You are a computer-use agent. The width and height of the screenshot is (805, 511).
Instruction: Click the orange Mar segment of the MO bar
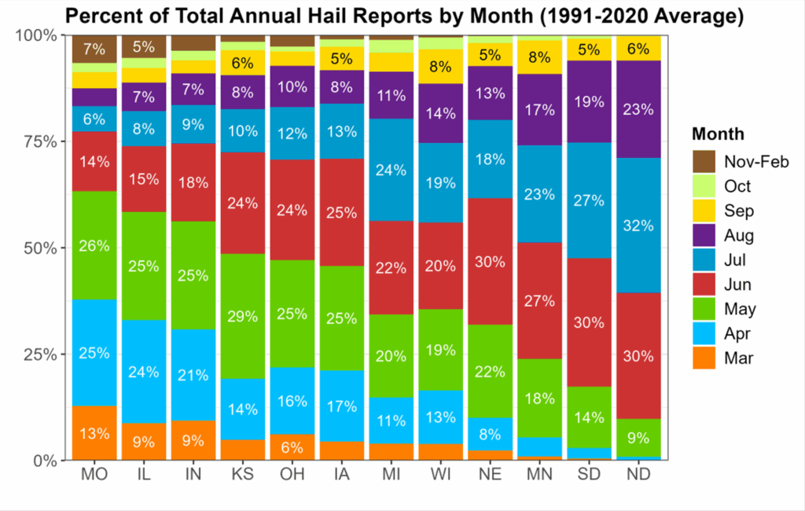coord(94,432)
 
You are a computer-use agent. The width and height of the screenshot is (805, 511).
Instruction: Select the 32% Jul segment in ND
coord(638,226)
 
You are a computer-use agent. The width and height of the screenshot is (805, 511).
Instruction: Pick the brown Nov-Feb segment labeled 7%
coord(94,50)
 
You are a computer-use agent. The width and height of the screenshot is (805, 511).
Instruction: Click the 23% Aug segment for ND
coord(638,109)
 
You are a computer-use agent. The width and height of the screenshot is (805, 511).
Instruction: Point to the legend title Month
coord(719,134)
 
